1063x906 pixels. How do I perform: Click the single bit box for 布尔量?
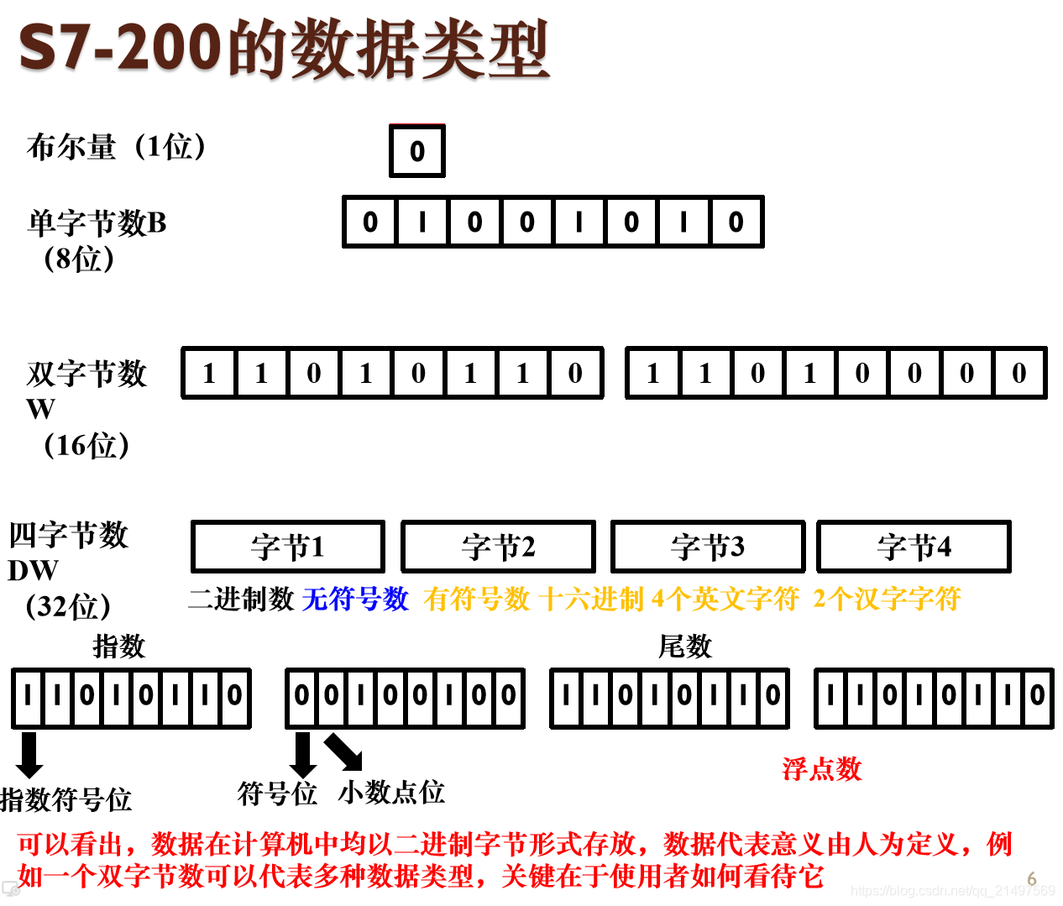tap(417, 151)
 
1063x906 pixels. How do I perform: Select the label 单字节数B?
tap(97, 223)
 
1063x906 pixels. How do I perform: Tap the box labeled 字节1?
tap(288, 547)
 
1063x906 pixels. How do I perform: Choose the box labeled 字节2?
tap(498, 547)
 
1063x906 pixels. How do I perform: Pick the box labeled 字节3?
tap(708, 547)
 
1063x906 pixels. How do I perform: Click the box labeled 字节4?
tap(914, 547)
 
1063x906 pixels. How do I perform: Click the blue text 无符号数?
tap(355, 599)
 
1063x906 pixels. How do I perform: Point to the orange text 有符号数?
tap(477, 599)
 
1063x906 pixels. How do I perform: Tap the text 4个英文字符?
tap(725, 599)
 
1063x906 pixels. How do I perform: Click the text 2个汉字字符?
tap(887, 599)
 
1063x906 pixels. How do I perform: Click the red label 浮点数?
tap(822, 768)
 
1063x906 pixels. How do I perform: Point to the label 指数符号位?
tap(66, 799)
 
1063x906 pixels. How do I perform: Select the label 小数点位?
tap(391, 792)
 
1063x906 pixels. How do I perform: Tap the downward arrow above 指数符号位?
tap(29, 754)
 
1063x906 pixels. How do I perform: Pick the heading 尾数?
tap(684, 646)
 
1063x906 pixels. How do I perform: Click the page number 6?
tap(1032, 879)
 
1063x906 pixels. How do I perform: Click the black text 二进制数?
tap(241, 599)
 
